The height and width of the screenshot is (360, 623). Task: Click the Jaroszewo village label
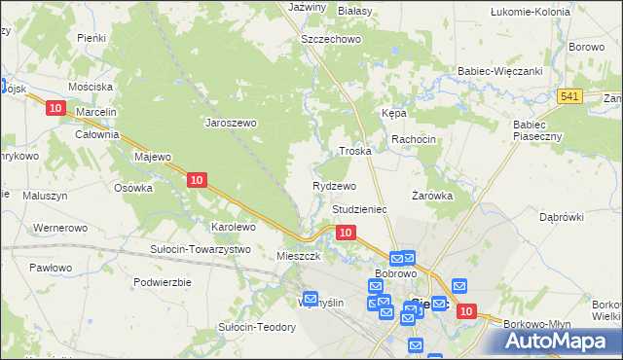pyautogui.click(x=230, y=124)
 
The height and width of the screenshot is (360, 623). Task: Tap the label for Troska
pyautogui.click(x=355, y=152)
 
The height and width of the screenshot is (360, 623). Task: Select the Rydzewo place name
pyautogui.click(x=334, y=186)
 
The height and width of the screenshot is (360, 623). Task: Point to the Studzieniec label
pyautogui.click(x=360, y=209)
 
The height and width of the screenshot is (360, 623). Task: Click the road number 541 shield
pyautogui.click(x=570, y=95)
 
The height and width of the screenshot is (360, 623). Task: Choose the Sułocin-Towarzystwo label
pyautogui.click(x=201, y=249)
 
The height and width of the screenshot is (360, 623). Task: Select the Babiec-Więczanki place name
pyautogui.click(x=499, y=71)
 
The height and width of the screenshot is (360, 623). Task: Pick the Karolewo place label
pyautogui.click(x=234, y=227)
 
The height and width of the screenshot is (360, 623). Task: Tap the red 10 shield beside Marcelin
pyautogui.click(x=55, y=108)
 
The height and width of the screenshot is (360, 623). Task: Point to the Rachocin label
pyautogui.click(x=414, y=140)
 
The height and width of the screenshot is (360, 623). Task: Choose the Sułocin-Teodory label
pyautogui.click(x=257, y=327)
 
